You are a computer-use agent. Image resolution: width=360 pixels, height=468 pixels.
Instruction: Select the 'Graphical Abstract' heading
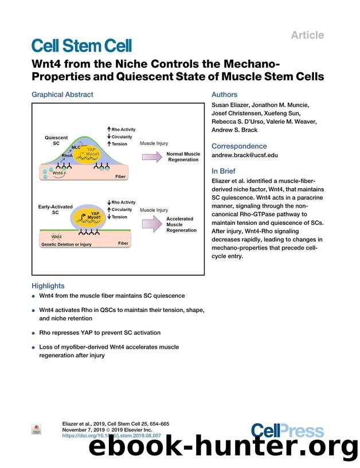click(62, 95)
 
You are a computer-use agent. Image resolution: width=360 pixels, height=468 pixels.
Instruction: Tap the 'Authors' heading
click(224, 95)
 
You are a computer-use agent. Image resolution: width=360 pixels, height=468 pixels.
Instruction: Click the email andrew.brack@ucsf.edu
click(245, 155)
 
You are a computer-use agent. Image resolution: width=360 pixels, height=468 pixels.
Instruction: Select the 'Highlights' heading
click(48, 286)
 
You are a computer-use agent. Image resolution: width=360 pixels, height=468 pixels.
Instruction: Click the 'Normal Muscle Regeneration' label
click(183, 157)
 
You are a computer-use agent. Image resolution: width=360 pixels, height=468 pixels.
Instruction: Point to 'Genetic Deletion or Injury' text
click(66, 244)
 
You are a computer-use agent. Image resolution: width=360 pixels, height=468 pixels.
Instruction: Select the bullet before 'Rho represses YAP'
click(34, 333)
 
